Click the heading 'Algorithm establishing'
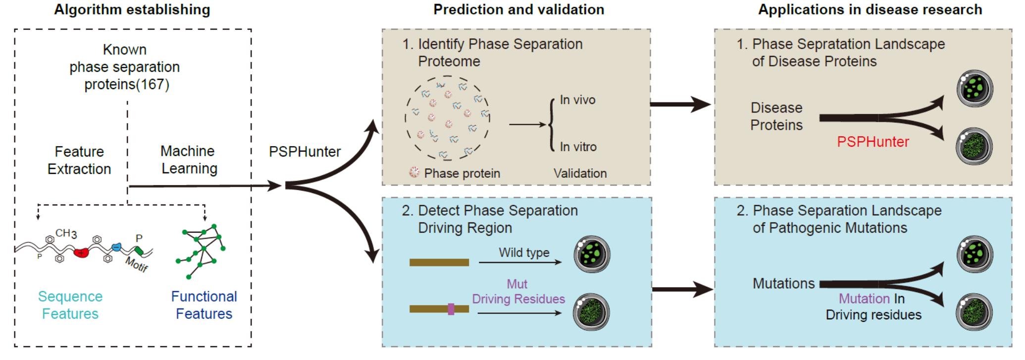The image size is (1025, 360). tap(132, 9)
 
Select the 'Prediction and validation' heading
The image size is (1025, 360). tap(518, 9)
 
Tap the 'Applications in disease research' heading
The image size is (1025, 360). tap(870, 9)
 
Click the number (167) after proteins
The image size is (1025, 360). tap(154, 85)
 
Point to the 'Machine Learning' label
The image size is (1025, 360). tap(189, 160)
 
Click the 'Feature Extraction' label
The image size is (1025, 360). tap(79, 160)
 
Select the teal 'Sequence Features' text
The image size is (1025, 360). tap(70, 305)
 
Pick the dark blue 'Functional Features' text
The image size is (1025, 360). tap(204, 305)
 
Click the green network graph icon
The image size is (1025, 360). tap(201, 250)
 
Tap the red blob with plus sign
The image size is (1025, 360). tap(81, 253)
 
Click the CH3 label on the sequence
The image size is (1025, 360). tap(66, 233)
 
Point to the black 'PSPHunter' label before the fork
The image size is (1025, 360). tap(305, 152)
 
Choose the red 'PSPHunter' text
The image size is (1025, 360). tap(873, 142)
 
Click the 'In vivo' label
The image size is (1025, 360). tap(577, 100)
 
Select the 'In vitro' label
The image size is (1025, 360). tap(578, 147)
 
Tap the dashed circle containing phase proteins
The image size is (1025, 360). tap(447, 118)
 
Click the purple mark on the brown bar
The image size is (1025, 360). tap(451, 309)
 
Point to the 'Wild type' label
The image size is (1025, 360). tap(524, 253)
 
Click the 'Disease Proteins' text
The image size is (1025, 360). tap(776, 116)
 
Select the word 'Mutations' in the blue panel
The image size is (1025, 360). tap(784, 284)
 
